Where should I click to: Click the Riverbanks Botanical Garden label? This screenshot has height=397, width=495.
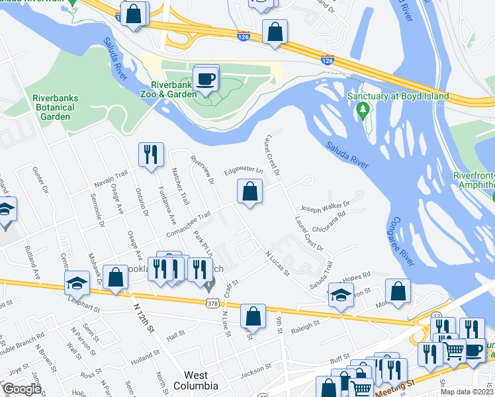point(55,107)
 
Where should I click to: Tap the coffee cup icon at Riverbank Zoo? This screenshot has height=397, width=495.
point(206,79)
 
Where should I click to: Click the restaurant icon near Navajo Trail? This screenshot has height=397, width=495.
point(152,155)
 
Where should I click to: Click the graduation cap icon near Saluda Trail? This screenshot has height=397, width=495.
point(341,296)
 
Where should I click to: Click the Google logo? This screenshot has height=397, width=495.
point(22,388)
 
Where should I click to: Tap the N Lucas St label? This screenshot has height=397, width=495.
point(277,263)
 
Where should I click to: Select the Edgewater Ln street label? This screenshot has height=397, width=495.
point(243,171)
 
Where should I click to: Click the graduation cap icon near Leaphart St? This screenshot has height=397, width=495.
point(77,283)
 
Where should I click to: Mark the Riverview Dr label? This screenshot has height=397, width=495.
point(202,171)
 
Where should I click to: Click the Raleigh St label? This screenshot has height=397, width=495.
point(306,325)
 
